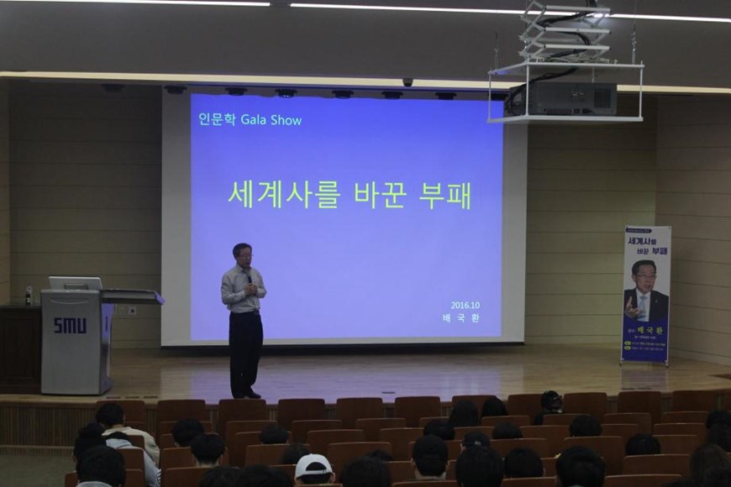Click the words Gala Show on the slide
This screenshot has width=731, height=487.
tap(271, 120)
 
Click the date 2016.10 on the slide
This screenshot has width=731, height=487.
tap(465, 305)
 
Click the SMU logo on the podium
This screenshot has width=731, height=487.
tap(69, 325)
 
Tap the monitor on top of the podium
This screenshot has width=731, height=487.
tap(75, 283)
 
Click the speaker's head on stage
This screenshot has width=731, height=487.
tap(243, 254)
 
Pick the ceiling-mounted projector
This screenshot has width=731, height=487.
tap(564, 98)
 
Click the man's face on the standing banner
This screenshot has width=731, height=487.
tap(644, 278)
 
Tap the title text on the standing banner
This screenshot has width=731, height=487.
tap(648, 244)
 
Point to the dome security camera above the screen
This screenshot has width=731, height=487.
tap(408, 82)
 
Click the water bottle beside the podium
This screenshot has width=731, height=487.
tap(29, 296)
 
